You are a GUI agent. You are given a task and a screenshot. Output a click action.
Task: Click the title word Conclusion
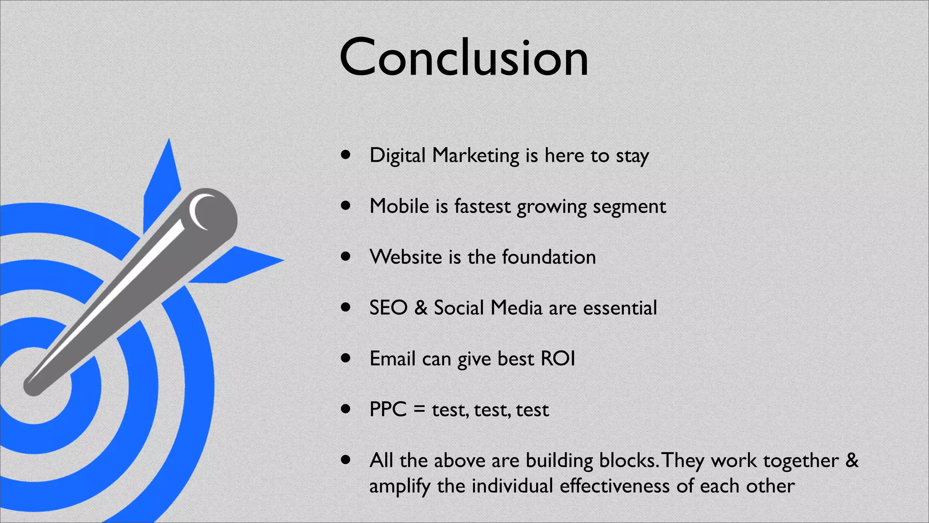pos(464,58)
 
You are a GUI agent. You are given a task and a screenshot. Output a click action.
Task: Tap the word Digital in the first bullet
pos(397,156)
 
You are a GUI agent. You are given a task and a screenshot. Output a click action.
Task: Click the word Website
pos(406,257)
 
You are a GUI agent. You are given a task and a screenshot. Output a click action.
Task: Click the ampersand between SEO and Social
pos(421,308)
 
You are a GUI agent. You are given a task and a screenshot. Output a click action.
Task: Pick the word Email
pos(392,359)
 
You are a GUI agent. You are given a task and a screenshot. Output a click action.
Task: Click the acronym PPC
pos(388,410)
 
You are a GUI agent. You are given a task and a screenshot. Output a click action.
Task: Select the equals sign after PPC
pos(419,410)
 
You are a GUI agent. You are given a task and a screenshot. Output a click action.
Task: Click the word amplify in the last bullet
pos(399,487)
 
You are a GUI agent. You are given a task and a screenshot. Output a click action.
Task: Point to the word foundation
pos(549,257)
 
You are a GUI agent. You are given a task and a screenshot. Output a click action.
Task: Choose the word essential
pos(620,308)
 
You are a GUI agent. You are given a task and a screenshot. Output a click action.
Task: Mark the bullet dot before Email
pos(346,358)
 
